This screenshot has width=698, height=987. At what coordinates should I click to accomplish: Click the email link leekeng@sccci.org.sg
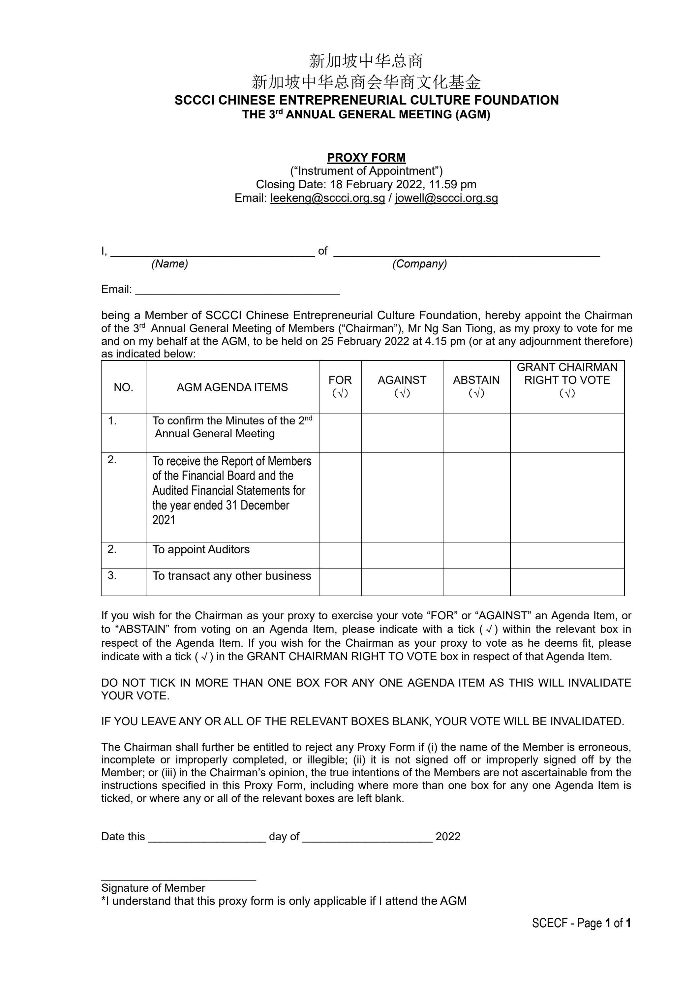coord(327,198)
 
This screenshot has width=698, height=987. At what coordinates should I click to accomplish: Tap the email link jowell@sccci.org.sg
coord(446,198)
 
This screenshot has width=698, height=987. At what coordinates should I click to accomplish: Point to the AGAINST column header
coord(402,380)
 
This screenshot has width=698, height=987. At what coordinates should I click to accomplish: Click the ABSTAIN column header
coord(476,380)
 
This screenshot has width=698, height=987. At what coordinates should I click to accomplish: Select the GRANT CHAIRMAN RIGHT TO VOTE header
coord(567,374)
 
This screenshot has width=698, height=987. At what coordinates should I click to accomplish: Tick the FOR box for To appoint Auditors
coord(340,555)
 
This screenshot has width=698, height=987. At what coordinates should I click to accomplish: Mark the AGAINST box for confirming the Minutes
coord(402,433)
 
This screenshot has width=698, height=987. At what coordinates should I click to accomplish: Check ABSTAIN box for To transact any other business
coord(476,582)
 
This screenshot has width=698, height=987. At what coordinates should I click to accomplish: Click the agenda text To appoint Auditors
coord(201,549)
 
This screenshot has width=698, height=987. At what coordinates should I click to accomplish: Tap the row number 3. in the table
coord(112,575)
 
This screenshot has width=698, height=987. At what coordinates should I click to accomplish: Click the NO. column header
coord(123,387)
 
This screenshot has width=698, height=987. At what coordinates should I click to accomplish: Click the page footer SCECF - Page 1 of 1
coord(581,923)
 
